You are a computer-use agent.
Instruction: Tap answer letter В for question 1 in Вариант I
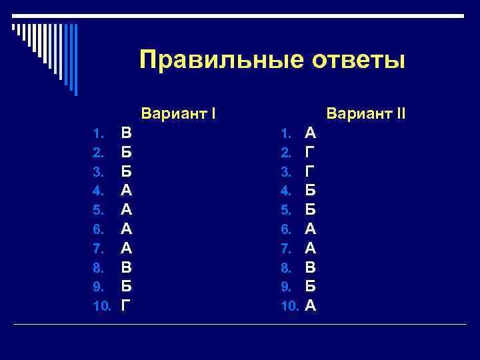[x=126, y=132]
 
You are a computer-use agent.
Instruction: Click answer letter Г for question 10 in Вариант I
[x=125, y=306]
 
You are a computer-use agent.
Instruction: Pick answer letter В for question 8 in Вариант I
[x=126, y=267]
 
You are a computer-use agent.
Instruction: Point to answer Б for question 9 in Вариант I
[x=126, y=287]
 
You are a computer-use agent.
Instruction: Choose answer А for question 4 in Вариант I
[x=126, y=190]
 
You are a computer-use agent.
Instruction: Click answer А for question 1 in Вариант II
[x=311, y=132]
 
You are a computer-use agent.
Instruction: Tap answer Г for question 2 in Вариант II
[x=310, y=151]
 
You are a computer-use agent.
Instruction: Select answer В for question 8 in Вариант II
[x=311, y=267]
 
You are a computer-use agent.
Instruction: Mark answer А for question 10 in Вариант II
[x=311, y=306]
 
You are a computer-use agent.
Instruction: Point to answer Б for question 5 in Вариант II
[x=311, y=209]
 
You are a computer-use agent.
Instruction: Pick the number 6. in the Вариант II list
[x=285, y=229]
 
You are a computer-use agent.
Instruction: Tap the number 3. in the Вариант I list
[x=98, y=171]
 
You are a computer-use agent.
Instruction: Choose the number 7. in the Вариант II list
[x=285, y=249]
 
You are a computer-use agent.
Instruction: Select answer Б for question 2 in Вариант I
[x=126, y=151]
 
